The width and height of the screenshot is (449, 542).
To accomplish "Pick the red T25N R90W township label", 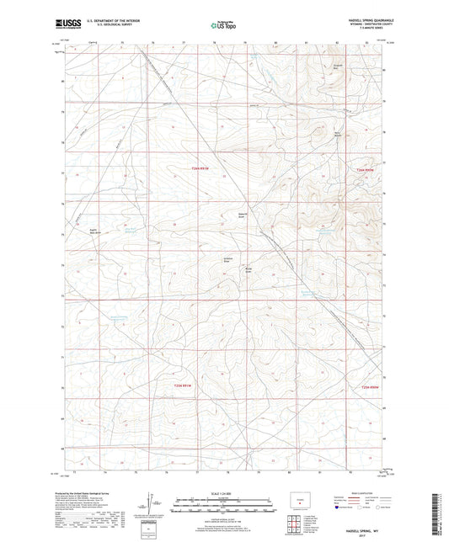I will pos(362,171).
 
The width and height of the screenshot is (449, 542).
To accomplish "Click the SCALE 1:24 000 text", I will pos(224,492).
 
